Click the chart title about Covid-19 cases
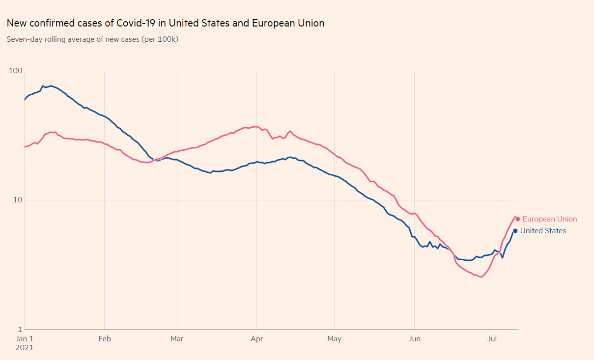[165, 23]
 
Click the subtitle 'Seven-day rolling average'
[92, 39]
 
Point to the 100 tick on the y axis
[16, 71]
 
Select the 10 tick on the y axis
[18, 200]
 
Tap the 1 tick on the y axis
[20, 330]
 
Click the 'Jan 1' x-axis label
[24, 339]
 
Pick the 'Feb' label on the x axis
[104, 339]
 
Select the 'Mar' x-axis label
[177, 339]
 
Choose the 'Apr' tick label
[256, 339]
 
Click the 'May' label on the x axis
[334, 339]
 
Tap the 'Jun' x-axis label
[415, 339]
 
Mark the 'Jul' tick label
[492, 339]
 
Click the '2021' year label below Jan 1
[25, 348]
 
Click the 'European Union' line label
[550, 219]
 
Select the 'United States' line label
[543, 231]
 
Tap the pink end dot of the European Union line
[517, 219]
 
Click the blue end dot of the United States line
[515, 231]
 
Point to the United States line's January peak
[50, 86]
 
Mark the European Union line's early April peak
[255, 127]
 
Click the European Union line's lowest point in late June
[481, 277]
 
